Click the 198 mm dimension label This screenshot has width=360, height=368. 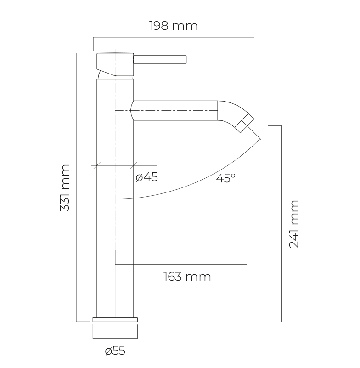[174, 26]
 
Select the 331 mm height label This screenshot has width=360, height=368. [65, 188]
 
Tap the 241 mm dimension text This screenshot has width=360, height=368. [294, 224]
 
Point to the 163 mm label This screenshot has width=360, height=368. [187, 277]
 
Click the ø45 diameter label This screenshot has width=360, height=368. [147, 177]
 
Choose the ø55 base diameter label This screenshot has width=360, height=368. [115, 351]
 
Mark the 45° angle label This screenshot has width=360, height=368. [225, 178]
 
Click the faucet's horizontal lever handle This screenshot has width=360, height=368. [160, 59]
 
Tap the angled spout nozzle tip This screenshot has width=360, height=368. [245, 123]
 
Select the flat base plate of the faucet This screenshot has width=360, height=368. [115, 320]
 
